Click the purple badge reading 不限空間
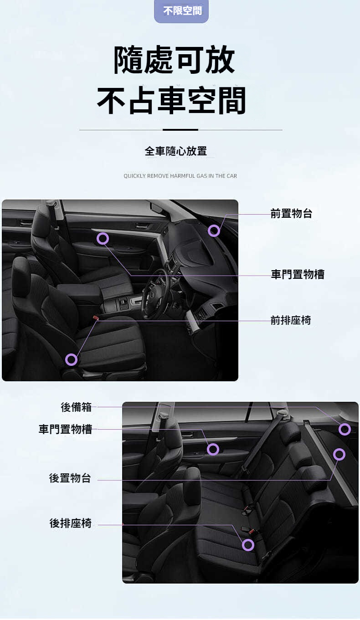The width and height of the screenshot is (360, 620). [181, 11]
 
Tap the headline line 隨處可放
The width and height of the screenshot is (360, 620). [175, 60]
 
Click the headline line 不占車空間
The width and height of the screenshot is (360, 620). [171, 100]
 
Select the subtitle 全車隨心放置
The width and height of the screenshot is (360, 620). [176, 151]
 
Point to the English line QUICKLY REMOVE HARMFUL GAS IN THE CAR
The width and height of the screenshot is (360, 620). [180, 176]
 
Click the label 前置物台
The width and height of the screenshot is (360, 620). [291, 213]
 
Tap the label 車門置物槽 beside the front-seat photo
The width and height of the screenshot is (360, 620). [298, 274]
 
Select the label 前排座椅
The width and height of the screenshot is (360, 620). [291, 320]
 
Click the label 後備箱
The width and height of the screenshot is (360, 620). [76, 407]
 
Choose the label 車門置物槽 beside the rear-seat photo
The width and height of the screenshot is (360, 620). [65, 429]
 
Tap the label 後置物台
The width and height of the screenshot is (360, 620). [70, 478]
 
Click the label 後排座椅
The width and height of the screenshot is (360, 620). [70, 523]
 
